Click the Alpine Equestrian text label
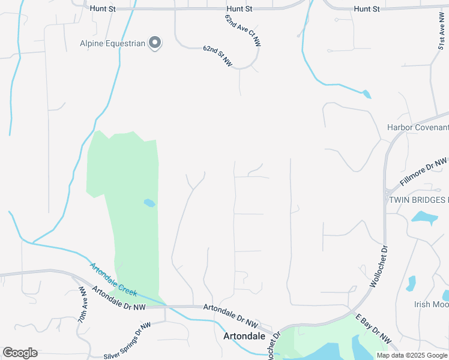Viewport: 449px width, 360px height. point(113,43)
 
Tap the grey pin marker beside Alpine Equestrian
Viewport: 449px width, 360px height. point(155,43)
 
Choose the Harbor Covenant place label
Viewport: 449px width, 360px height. point(418,127)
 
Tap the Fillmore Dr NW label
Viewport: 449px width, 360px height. point(424,172)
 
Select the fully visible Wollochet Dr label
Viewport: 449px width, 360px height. point(377,265)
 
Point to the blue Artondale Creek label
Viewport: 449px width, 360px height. point(113,280)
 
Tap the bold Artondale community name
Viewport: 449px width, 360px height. point(244,336)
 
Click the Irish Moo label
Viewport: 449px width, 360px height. point(431,304)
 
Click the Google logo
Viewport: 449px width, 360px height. point(20,353)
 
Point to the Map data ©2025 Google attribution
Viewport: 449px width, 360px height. point(412,355)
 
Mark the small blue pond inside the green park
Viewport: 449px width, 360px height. point(149,203)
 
